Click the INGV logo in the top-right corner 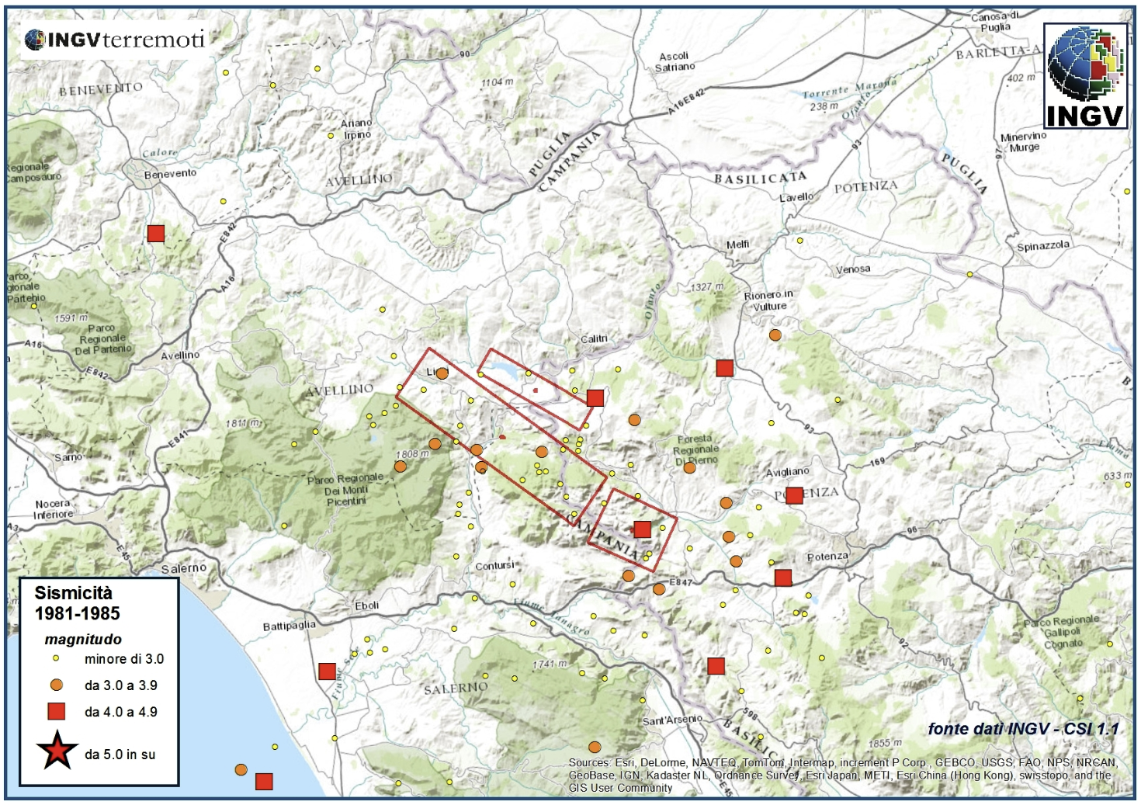1085,75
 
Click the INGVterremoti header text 115,40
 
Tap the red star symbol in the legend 57,751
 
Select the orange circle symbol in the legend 57,685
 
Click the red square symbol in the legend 57,711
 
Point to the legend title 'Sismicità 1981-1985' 77,603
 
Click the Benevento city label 170,173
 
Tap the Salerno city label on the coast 184,568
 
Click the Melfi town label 737,245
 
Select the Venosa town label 852,269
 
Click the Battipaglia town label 289,626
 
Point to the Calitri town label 594,339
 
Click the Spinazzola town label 1042,246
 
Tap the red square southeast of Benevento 156,234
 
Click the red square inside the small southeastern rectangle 642,529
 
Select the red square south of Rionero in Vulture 724,368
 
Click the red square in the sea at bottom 264,782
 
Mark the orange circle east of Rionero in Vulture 775,335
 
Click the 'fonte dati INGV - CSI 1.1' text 1023,729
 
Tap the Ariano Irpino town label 357,129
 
